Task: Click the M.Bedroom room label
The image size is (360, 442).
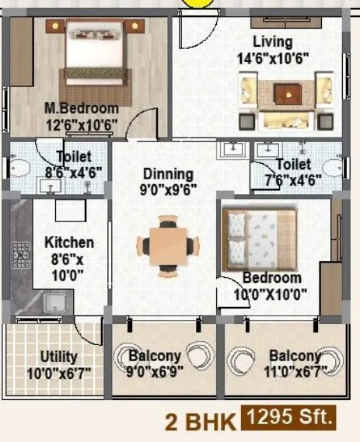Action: [x=81, y=108]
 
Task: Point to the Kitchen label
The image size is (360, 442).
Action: [x=69, y=242]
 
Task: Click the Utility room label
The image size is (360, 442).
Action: [x=58, y=357]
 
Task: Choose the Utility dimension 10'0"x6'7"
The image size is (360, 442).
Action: [x=58, y=372]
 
